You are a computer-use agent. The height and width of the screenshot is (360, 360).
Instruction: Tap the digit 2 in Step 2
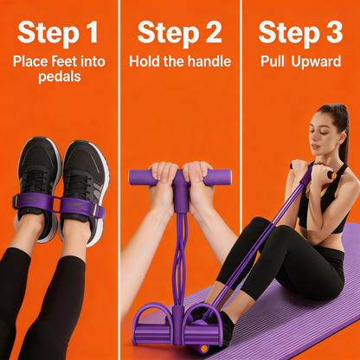[211, 34]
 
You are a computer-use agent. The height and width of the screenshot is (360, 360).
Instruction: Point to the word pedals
[60, 76]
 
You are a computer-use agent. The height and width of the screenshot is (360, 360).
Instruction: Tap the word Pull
[274, 61]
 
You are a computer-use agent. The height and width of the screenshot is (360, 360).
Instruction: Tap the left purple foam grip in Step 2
[145, 177]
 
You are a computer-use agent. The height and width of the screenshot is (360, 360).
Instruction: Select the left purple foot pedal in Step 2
[154, 322]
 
